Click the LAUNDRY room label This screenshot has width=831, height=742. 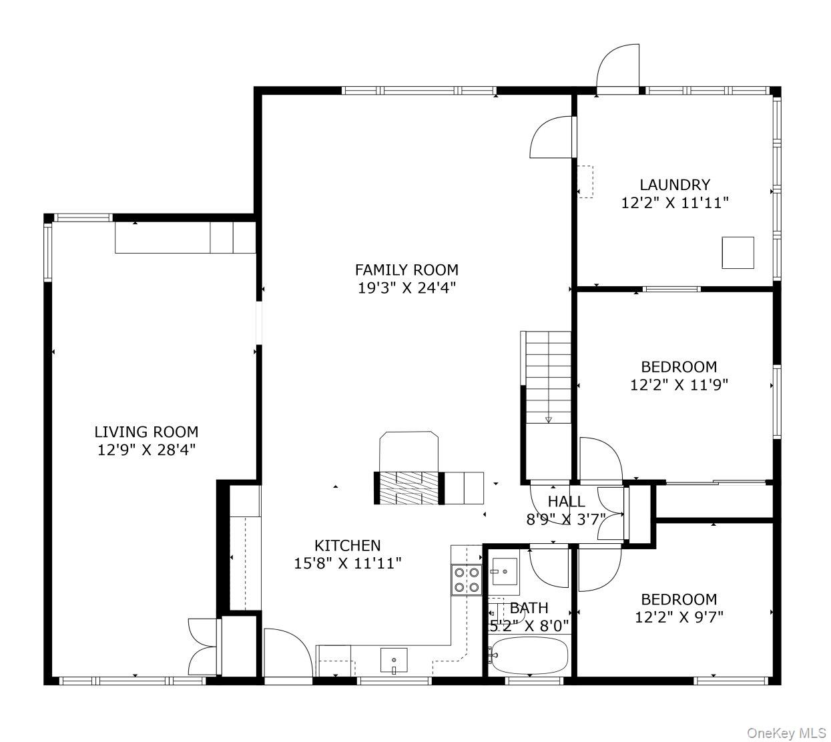(674, 185)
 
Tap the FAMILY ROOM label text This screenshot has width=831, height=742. (406, 270)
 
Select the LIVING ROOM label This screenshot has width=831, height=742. (146, 432)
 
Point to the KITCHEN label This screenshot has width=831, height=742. (347, 545)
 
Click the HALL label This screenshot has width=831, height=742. (566, 501)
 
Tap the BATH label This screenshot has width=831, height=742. (529, 608)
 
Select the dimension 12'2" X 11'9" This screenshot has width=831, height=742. (679, 384)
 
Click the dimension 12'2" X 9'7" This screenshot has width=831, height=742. (679, 617)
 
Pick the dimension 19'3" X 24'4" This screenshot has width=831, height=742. (406, 288)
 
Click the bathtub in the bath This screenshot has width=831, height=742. (528, 655)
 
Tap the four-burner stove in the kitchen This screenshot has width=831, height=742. (467, 579)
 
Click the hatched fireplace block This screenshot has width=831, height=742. (408, 488)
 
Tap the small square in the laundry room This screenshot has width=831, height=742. (738, 253)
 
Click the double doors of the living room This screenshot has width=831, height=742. (204, 647)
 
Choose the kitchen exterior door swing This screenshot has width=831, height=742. (287, 654)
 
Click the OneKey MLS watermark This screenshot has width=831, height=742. (786, 733)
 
